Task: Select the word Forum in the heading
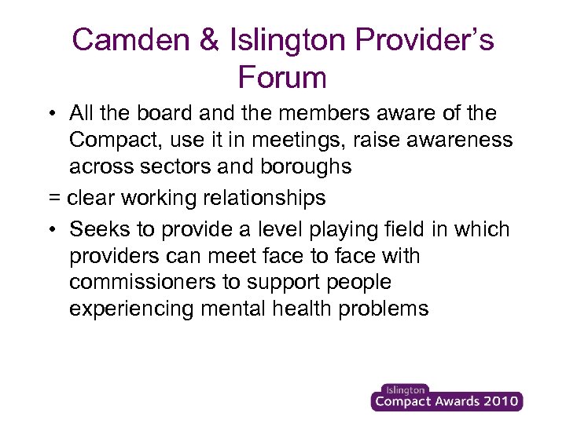(x=281, y=77)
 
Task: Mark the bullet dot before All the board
(x=50, y=114)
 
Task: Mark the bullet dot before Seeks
(x=50, y=230)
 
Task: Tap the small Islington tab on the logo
(x=404, y=389)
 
